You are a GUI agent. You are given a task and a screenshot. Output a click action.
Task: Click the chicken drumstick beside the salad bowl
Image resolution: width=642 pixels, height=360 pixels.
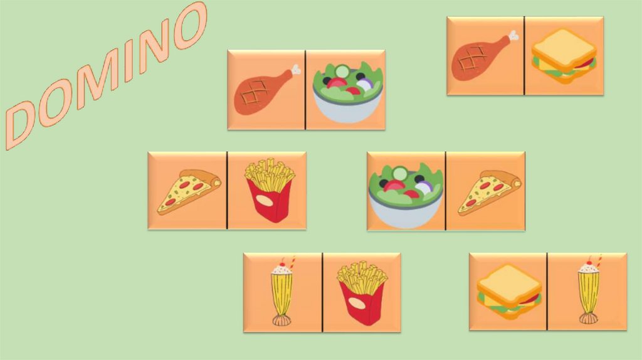coord(266,91)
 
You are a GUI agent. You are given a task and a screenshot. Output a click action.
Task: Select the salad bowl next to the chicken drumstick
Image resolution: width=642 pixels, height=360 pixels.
coord(347,94)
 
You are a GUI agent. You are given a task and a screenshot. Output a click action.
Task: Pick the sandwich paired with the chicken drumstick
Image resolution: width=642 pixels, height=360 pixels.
coord(564,56)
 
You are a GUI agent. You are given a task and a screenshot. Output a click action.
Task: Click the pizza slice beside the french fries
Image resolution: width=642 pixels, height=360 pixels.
coord(189,192)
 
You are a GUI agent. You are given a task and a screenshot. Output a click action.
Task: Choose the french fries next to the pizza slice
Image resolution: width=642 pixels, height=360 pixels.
coord(270,190)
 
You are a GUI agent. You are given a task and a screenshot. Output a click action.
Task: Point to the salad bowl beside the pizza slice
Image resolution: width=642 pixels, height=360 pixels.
coord(406,195)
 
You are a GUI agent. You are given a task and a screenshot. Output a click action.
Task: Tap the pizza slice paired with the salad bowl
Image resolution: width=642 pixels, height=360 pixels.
coord(489,193)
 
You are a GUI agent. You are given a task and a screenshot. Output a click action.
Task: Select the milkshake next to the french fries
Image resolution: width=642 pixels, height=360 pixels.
coord(282,292)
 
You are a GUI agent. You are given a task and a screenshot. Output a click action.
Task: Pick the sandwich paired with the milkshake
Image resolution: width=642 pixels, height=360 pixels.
coord(509,292)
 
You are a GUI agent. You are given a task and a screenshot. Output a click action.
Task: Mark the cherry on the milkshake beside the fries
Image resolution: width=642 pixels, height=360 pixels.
coord(282,264)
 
